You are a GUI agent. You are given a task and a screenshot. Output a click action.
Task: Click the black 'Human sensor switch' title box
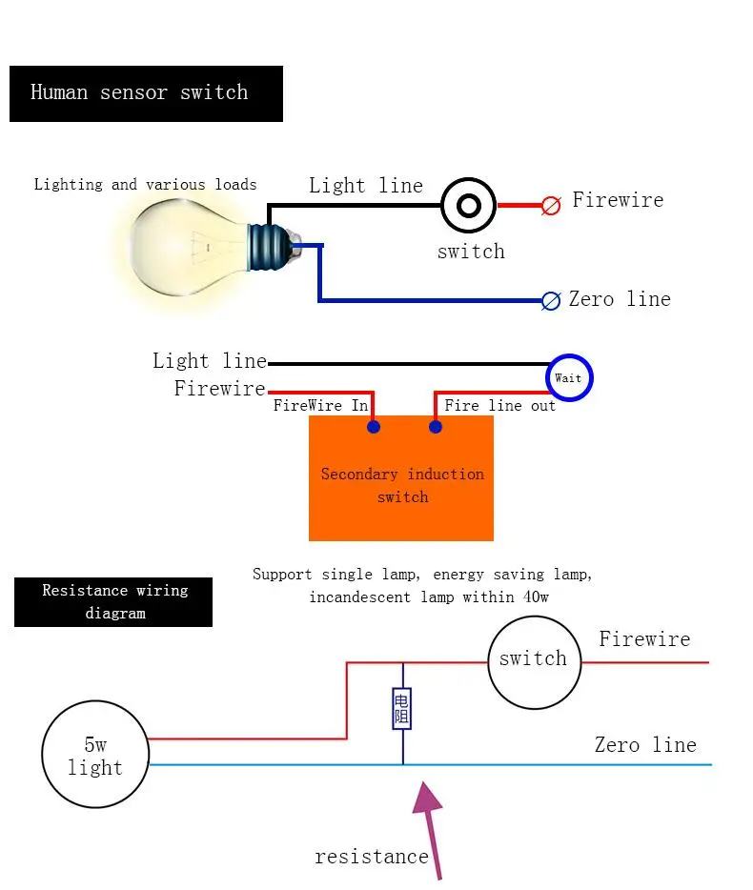click(x=146, y=93)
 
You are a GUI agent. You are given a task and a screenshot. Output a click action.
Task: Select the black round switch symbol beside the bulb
click(x=469, y=205)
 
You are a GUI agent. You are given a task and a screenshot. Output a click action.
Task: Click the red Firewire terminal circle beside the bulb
click(x=551, y=205)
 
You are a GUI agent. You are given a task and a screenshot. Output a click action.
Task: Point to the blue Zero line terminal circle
click(x=551, y=301)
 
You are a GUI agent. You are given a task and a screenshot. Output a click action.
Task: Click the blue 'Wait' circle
click(x=569, y=378)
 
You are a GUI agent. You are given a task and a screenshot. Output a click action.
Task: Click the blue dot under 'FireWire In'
click(x=374, y=427)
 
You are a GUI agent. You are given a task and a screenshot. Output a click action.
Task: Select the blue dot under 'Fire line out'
click(x=436, y=427)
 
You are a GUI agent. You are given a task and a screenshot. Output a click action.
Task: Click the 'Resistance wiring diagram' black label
click(x=114, y=601)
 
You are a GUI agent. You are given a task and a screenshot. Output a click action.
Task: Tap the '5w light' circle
click(x=95, y=757)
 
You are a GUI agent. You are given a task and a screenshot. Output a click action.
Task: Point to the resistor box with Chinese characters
click(x=402, y=709)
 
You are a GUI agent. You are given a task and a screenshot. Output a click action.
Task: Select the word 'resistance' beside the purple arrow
click(x=372, y=857)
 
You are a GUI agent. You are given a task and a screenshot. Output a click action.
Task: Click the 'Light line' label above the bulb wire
click(x=366, y=186)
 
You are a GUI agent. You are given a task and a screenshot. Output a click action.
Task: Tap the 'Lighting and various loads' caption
click(x=145, y=185)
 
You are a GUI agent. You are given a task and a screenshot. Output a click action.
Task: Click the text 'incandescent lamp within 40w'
click(x=429, y=597)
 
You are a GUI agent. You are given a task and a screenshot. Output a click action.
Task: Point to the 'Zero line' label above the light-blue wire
click(x=645, y=745)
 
